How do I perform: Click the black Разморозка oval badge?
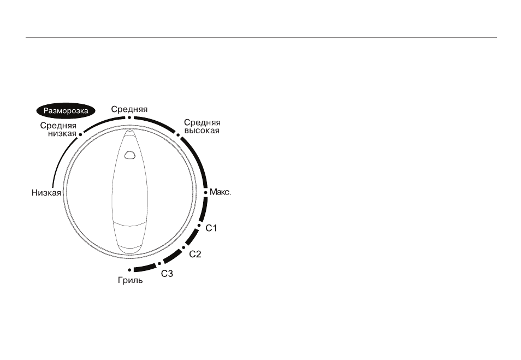click(x=66, y=111)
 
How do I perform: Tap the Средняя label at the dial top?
click(x=129, y=109)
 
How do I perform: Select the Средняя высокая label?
click(x=202, y=127)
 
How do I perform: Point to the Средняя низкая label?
click(x=58, y=129)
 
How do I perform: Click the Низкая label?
click(x=46, y=193)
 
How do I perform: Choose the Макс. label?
click(x=220, y=192)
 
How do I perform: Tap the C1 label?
click(x=211, y=228)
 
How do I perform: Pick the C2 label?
click(x=195, y=254)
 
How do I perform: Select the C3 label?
click(x=167, y=274)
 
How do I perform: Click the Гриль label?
click(x=130, y=281)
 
